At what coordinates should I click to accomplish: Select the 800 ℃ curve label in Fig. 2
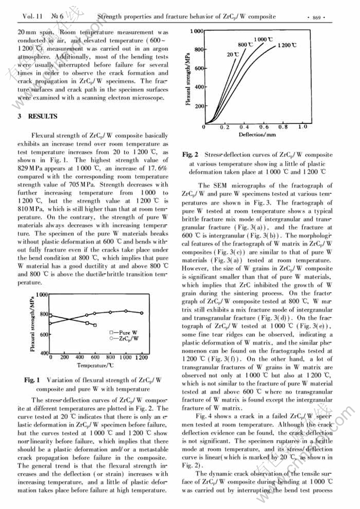[x=244, y=44]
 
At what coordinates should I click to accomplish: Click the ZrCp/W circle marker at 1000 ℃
[x=125, y=311]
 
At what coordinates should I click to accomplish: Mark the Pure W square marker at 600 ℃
[x=95, y=325]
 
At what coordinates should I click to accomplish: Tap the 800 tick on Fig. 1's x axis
[x=110, y=358]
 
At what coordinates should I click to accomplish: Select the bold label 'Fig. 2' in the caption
[x=190, y=155]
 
